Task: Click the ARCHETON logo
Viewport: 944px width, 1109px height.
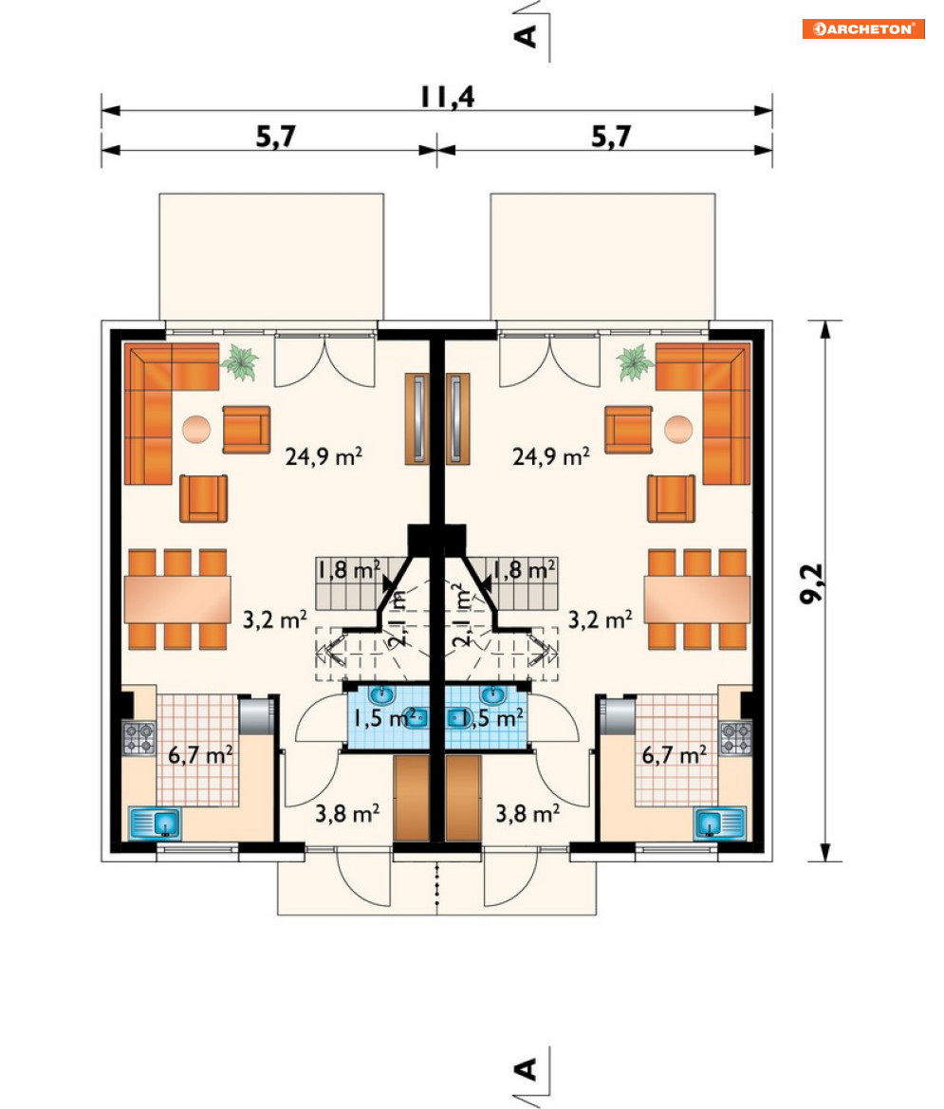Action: click(863, 28)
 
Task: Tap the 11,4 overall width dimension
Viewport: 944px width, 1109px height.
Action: click(447, 97)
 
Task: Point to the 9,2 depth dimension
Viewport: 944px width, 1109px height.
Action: click(812, 583)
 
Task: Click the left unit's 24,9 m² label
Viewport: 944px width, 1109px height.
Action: click(324, 456)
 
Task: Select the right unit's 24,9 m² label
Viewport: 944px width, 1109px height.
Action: click(551, 456)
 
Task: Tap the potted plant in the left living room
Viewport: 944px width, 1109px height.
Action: click(240, 362)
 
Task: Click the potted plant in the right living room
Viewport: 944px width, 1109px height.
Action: click(635, 362)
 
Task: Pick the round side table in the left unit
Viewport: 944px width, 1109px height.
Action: click(195, 430)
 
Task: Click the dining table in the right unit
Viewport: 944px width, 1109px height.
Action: click(696, 599)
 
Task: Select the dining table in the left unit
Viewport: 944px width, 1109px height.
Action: click(177, 599)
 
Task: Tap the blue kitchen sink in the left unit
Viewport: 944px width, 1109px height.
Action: click(155, 823)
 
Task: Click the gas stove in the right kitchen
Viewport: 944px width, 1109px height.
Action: click(735, 738)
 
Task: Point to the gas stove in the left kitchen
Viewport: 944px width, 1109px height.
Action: click(139, 738)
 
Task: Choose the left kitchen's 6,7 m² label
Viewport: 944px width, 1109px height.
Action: click(200, 754)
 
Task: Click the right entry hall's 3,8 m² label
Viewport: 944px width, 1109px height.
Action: click(528, 813)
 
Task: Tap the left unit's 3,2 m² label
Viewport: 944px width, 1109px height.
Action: click(274, 619)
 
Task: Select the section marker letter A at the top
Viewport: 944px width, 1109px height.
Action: click(527, 35)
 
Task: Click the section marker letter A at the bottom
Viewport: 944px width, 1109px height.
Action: click(527, 1069)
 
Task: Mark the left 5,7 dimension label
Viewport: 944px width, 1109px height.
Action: click(276, 136)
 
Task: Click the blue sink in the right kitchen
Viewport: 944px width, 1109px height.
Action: click(720, 823)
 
